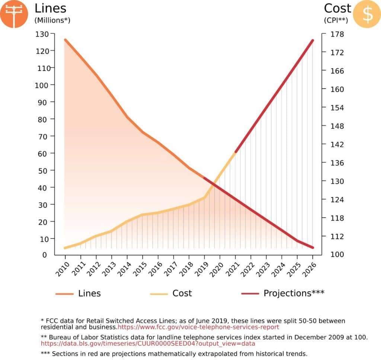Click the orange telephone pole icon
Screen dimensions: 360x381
coord(14,14)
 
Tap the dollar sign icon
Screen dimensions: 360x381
coord(366,14)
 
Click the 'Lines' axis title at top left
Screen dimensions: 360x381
coord(51,8)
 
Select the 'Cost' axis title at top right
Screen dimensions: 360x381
coord(337,8)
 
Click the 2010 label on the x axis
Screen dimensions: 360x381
coord(63,269)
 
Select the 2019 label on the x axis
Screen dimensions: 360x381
coord(202,269)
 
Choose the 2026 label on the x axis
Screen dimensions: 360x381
coord(310,269)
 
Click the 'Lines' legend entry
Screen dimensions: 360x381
coord(89,293)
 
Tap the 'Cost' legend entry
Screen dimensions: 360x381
coord(182,293)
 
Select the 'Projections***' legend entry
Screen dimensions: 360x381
coord(294,293)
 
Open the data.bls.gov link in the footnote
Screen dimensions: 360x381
coord(148,344)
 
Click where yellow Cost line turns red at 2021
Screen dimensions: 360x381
coord(236,152)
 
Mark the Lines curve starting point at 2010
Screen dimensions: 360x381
coord(65,39)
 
